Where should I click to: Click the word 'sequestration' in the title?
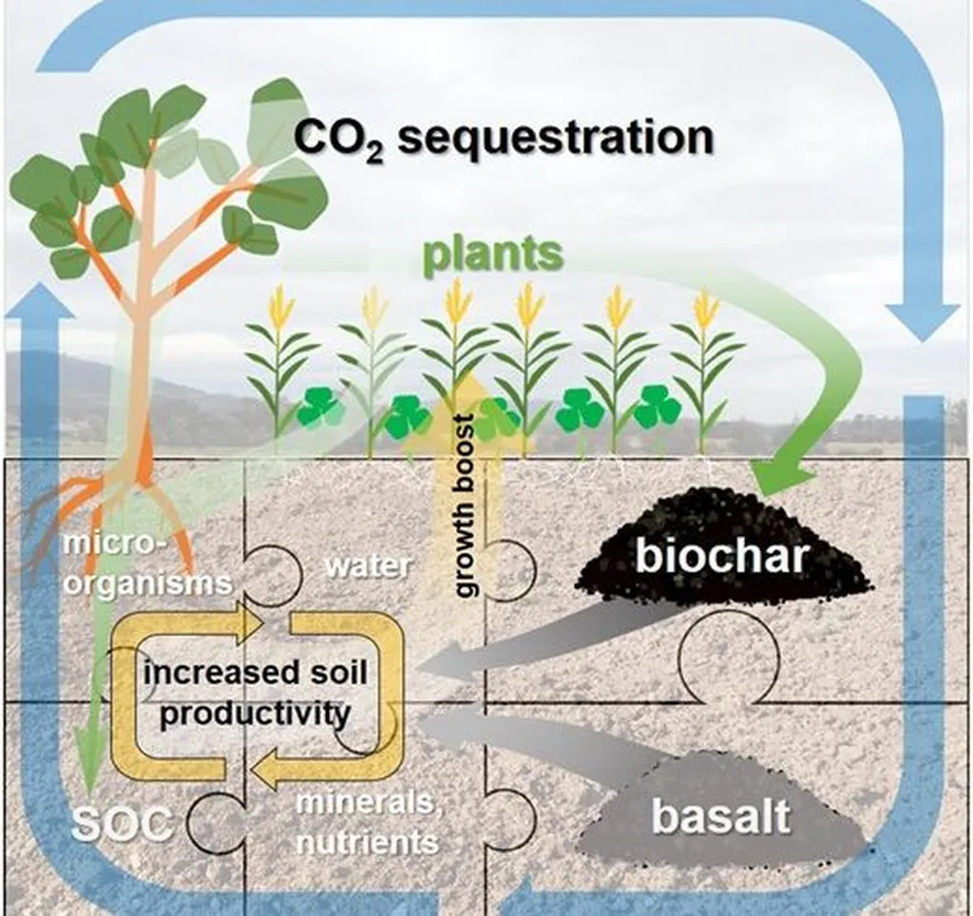point(555,137)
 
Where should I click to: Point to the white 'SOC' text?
point(122,824)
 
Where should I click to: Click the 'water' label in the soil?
point(368,566)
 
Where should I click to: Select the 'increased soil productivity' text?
point(256,694)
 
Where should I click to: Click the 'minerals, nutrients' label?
point(368,822)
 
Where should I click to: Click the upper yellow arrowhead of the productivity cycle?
point(248,621)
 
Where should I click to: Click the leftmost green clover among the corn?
point(319,408)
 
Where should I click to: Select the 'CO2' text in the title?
point(338,139)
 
